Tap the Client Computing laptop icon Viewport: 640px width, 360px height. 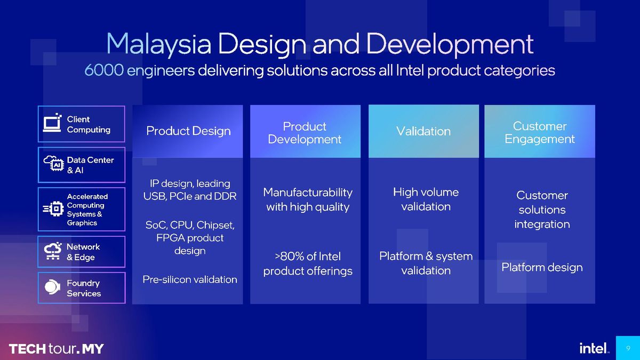[x=53, y=124]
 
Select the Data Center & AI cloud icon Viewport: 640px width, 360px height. [x=53, y=165]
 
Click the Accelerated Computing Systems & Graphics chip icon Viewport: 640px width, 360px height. [x=53, y=210]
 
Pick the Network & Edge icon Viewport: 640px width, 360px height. [x=53, y=252]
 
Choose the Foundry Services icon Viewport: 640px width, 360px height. [x=53, y=288]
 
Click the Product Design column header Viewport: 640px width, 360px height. [x=188, y=131]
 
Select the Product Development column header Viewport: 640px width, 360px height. [x=305, y=133]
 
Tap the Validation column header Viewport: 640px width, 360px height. [x=423, y=131]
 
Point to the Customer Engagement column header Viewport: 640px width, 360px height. [x=540, y=133]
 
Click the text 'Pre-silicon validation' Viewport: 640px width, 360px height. [x=190, y=279]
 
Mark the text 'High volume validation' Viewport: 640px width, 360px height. [x=426, y=199]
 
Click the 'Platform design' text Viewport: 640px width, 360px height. [x=542, y=267]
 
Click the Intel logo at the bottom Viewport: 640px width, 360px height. [x=594, y=348]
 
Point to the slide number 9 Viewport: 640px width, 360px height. [x=628, y=349]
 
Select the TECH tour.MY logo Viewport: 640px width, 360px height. [x=56, y=349]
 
